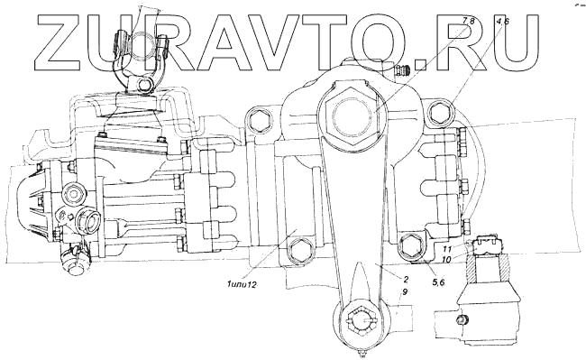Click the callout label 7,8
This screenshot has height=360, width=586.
point(468,21)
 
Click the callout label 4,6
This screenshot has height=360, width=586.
point(502,21)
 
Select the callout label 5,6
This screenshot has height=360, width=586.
point(438,282)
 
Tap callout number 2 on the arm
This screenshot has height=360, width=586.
point(406,279)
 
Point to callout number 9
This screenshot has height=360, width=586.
point(406,291)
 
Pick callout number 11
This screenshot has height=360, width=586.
point(448,249)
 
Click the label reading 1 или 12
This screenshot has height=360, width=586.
point(241,285)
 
